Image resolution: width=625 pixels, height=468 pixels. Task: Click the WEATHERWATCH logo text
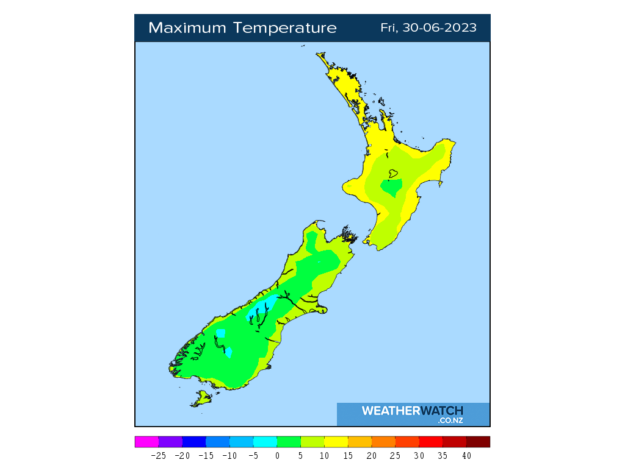click(412, 411)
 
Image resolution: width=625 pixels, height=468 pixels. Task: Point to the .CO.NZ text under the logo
click(450, 420)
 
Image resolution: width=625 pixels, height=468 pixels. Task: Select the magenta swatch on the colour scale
click(146, 442)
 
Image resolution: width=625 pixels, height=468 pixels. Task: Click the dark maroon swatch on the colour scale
click(478, 442)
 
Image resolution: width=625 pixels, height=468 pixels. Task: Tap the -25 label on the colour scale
click(158, 456)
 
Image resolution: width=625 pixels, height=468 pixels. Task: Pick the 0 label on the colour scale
click(277, 456)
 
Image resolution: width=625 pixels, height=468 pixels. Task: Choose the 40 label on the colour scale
click(466, 456)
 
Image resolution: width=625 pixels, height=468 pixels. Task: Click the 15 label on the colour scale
click(348, 456)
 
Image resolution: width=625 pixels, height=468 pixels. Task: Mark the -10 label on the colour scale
click(229, 456)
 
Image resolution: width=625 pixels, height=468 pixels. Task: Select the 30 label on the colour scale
click(419, 456)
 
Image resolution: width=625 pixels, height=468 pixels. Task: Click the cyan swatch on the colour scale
click(265, 442)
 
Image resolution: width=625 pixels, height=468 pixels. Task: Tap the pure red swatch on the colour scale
click(431, 442)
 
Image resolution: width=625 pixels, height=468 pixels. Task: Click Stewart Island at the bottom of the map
click(202, 399)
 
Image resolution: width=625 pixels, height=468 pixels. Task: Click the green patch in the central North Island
click(392, 186)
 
